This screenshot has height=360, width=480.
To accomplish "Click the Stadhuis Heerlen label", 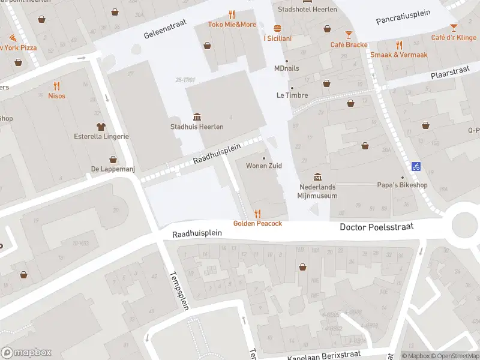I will click(197, 127).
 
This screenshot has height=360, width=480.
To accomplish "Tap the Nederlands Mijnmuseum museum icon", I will click(318, 177).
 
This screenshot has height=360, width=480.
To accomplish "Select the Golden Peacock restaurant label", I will click(257, 223).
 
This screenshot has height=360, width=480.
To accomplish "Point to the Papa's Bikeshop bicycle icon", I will click(416, 166).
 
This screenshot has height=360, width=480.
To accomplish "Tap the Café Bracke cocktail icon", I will click(349, 34).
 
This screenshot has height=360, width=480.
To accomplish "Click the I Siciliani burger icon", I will click(277, 28).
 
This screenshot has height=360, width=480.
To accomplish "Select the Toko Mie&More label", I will click(232, 25).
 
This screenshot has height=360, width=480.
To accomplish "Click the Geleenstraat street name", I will click(165, 28).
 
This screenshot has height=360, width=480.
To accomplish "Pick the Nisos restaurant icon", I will click(57, 85).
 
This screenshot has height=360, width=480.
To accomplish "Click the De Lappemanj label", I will click(113, 169).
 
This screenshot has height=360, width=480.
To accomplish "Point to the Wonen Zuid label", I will click(264, 166).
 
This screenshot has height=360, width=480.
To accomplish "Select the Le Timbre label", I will click(292, 95).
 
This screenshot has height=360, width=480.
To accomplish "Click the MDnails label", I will click(286, 68).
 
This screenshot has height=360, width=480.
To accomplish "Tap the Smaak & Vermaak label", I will click(399, 55).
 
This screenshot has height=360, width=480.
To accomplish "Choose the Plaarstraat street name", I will click(450, 74).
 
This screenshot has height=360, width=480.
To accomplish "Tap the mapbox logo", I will click(26, 353).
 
